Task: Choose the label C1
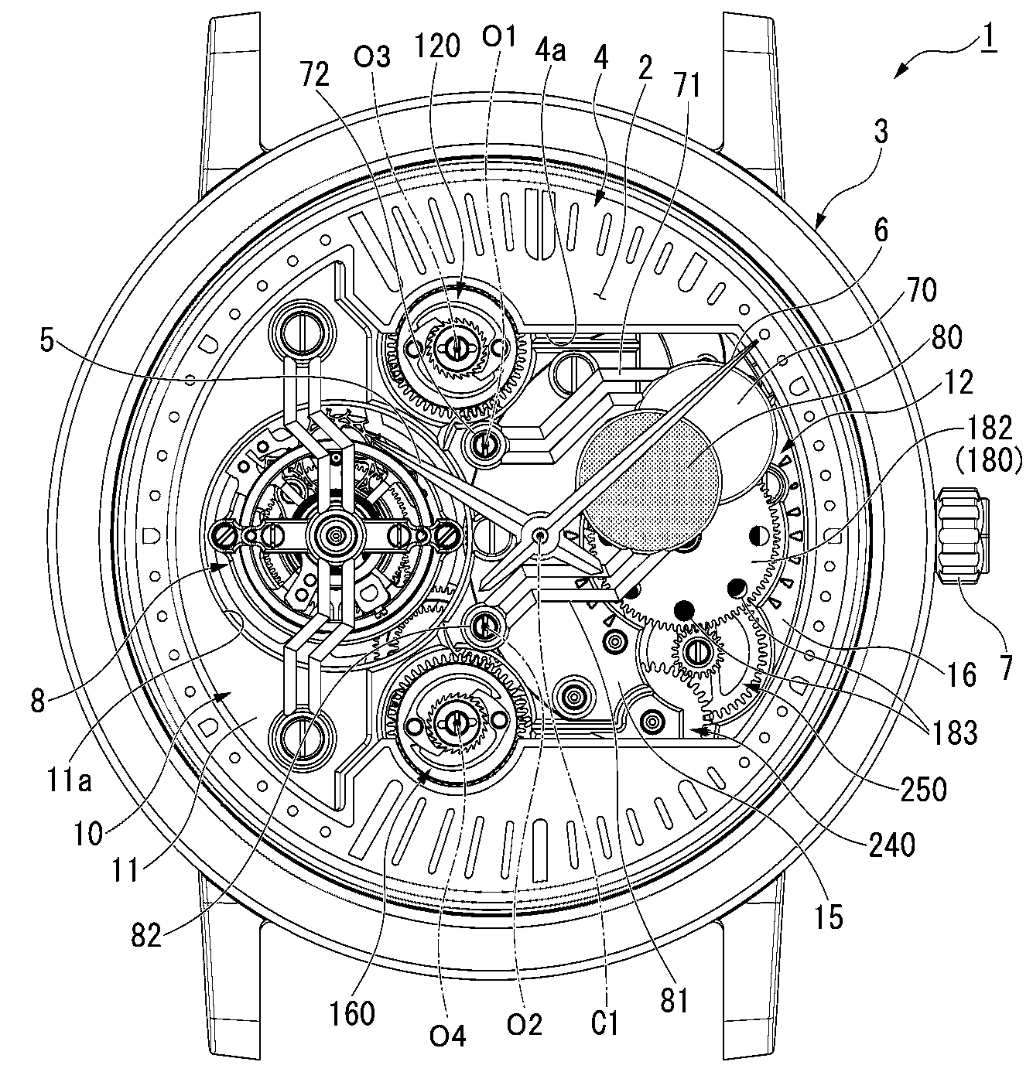coord(604,1024)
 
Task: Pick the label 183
coord(956,732)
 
